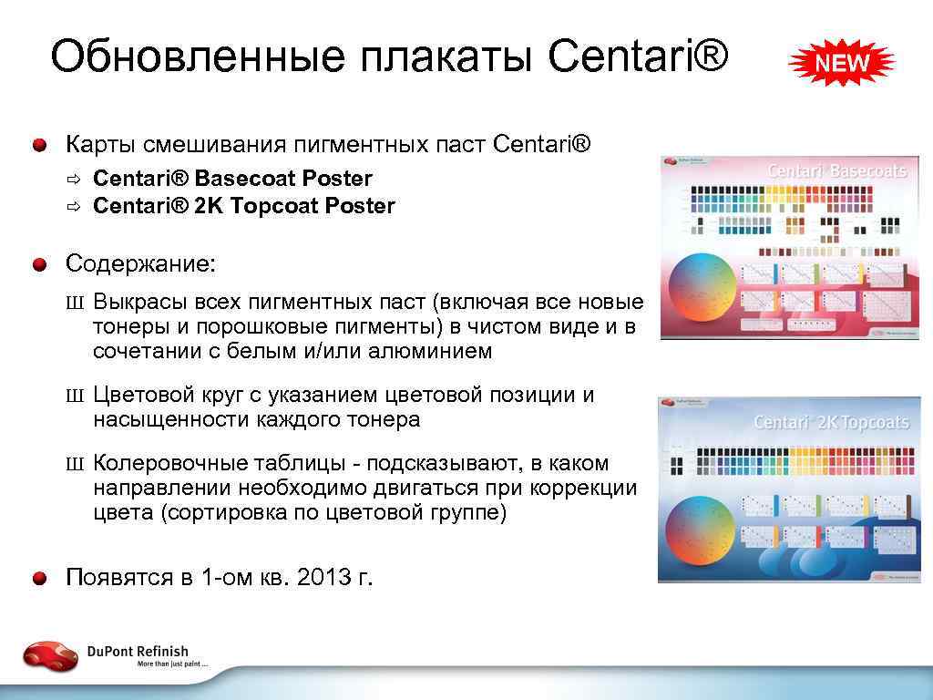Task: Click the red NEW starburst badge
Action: point(841,64)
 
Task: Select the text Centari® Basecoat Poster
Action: point(232,179)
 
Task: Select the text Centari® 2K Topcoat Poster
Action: point(243,206)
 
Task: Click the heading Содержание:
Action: point(141,264)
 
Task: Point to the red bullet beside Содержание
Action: point(40,265)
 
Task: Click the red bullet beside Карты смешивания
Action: point(40,145)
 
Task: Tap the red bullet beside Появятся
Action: point(40,578)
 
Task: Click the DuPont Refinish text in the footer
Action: point(138,651)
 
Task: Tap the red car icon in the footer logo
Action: point(51,655)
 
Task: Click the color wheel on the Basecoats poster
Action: point(702,287)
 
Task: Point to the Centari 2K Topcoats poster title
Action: point(830,423)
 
